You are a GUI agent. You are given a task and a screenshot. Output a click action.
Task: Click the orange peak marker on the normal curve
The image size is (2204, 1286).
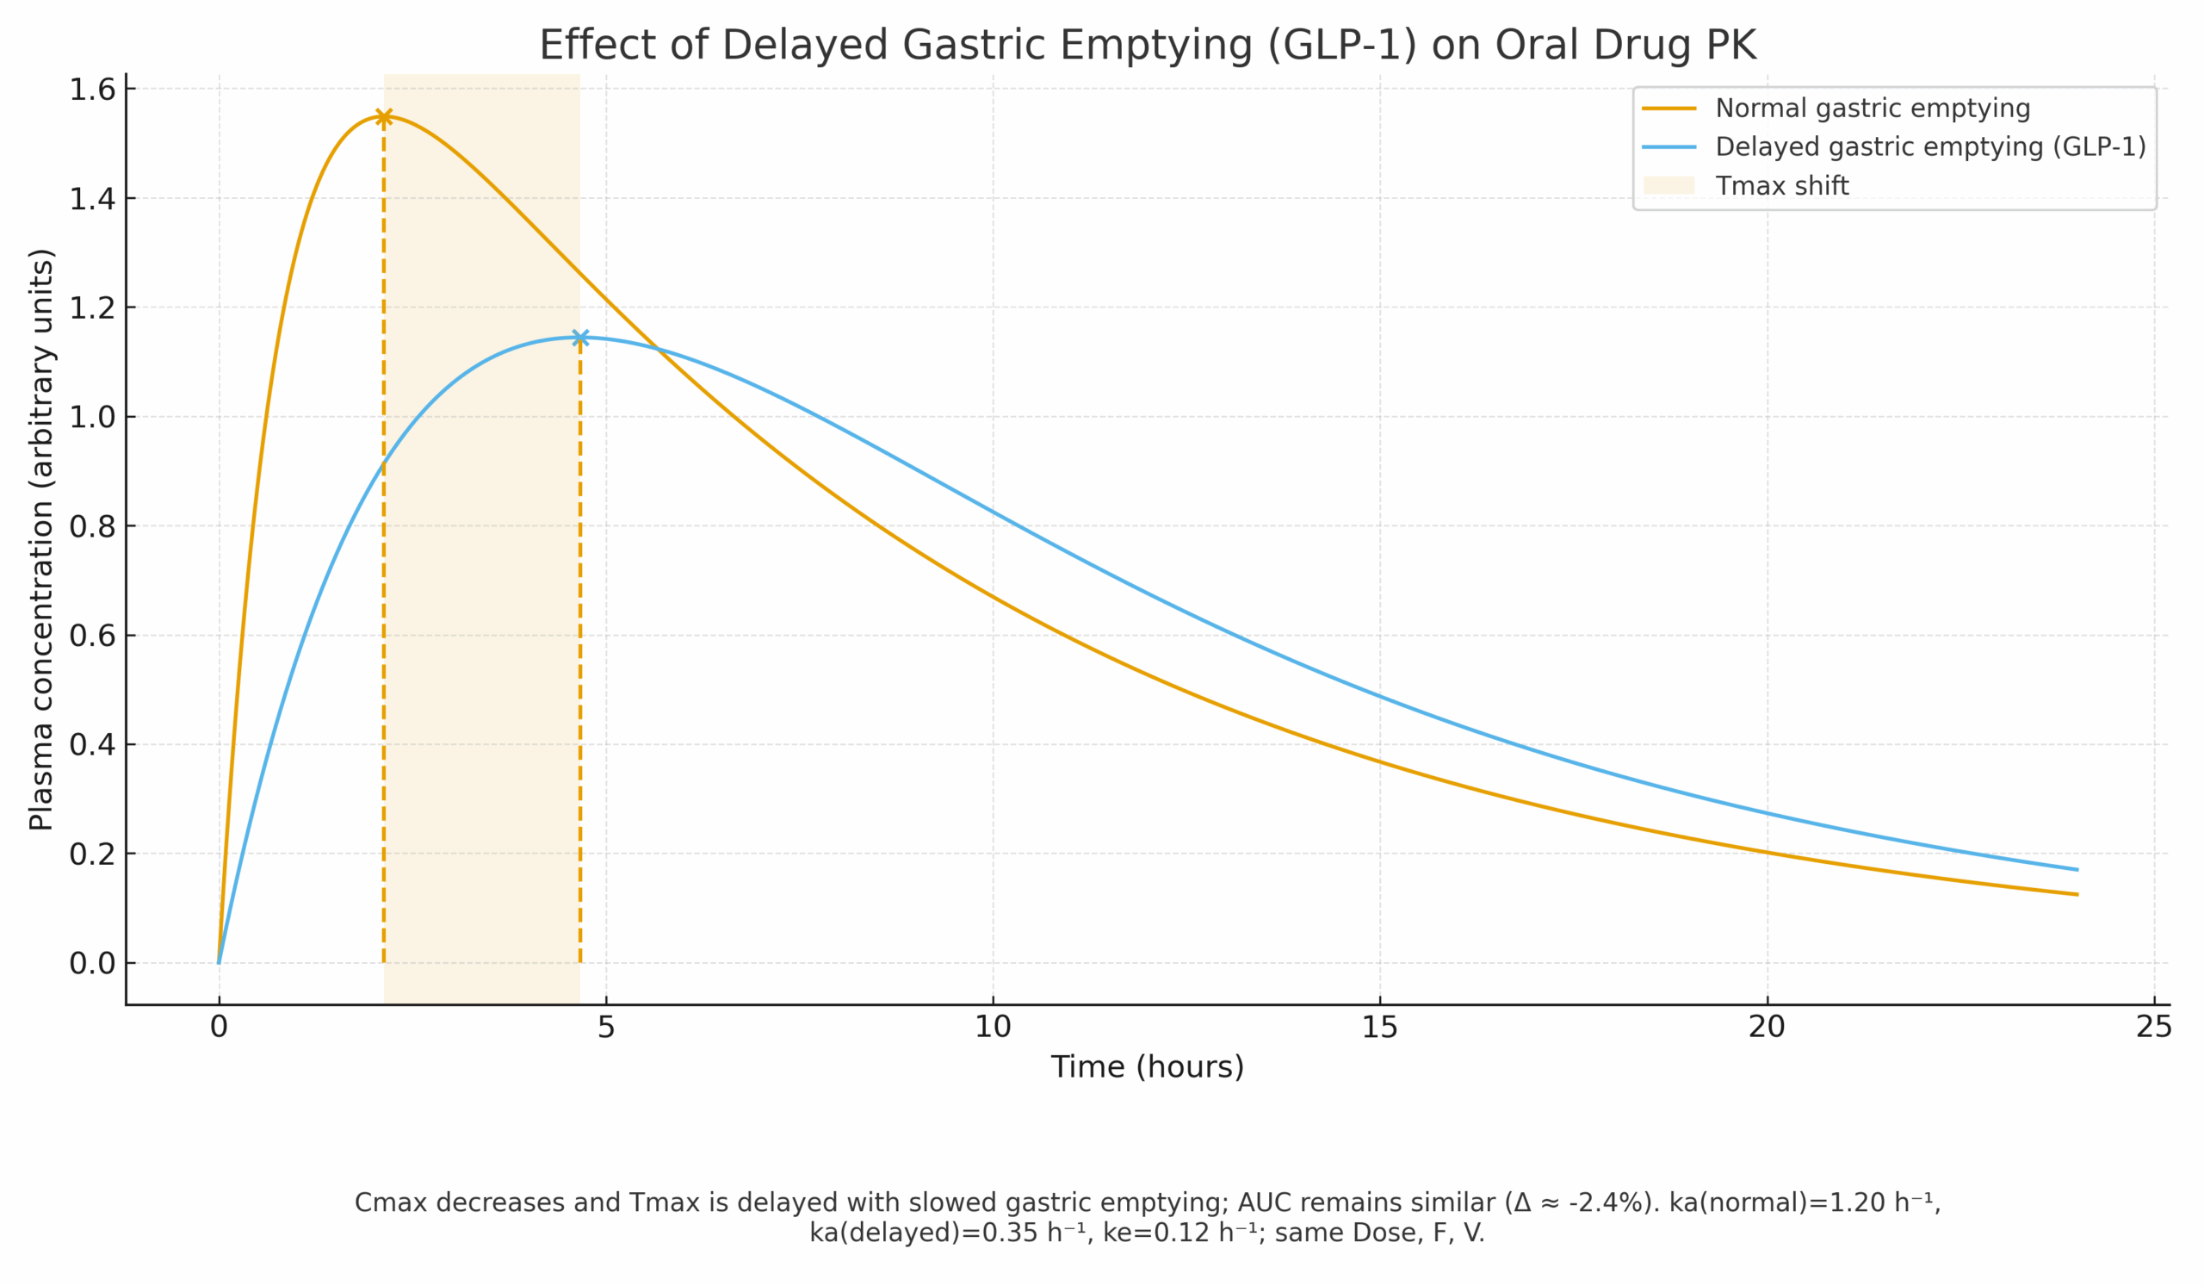point(383,117)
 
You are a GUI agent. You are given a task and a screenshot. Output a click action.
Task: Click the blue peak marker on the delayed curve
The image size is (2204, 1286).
point(580,338)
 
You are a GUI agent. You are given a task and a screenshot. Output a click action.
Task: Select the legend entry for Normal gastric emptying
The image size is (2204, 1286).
point(1872,109)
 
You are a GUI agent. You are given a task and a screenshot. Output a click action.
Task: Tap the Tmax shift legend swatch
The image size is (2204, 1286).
point(1668,185)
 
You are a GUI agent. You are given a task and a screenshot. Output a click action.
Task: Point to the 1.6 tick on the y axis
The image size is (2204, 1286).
point(93,90)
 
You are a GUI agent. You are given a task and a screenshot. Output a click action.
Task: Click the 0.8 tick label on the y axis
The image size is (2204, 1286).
point(93,526)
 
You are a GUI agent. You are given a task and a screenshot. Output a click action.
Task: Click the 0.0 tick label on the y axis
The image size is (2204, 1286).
point(93,963)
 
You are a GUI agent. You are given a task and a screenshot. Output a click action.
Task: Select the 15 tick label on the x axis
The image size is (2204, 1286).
point(1379,1027)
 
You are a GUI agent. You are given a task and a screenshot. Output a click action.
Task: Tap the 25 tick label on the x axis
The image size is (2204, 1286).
point(2153,1027)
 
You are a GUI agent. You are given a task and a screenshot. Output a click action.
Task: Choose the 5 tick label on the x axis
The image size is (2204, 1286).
point(606,1027)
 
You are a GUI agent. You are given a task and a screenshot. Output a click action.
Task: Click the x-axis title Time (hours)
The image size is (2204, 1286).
point(1147,1067)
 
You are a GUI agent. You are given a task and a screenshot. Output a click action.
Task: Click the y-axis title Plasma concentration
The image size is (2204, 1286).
point(41,540)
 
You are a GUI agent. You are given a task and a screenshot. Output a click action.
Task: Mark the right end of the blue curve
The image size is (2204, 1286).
point(2077,870)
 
